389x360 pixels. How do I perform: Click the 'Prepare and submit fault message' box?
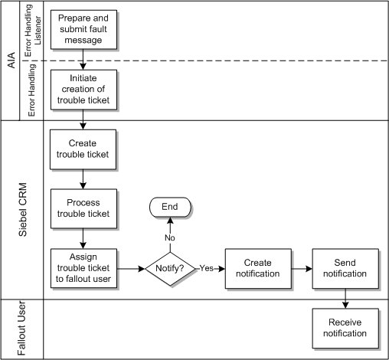(83, 29)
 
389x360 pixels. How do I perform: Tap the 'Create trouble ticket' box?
(83, 149)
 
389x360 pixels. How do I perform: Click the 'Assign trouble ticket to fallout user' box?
(83, 268)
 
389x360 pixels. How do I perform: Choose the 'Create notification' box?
(257, 268)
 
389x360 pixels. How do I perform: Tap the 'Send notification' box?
(345, 268)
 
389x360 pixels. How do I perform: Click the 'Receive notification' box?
(345, 328)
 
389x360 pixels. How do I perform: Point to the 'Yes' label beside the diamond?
(207, 269)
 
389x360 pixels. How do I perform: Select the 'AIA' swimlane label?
(11, 60)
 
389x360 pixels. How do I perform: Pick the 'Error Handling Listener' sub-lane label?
(35, 31)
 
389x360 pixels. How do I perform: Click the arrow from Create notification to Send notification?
(301, 269)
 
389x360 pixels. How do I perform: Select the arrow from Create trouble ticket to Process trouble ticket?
(83, 178)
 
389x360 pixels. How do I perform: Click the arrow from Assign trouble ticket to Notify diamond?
(129, 269)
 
